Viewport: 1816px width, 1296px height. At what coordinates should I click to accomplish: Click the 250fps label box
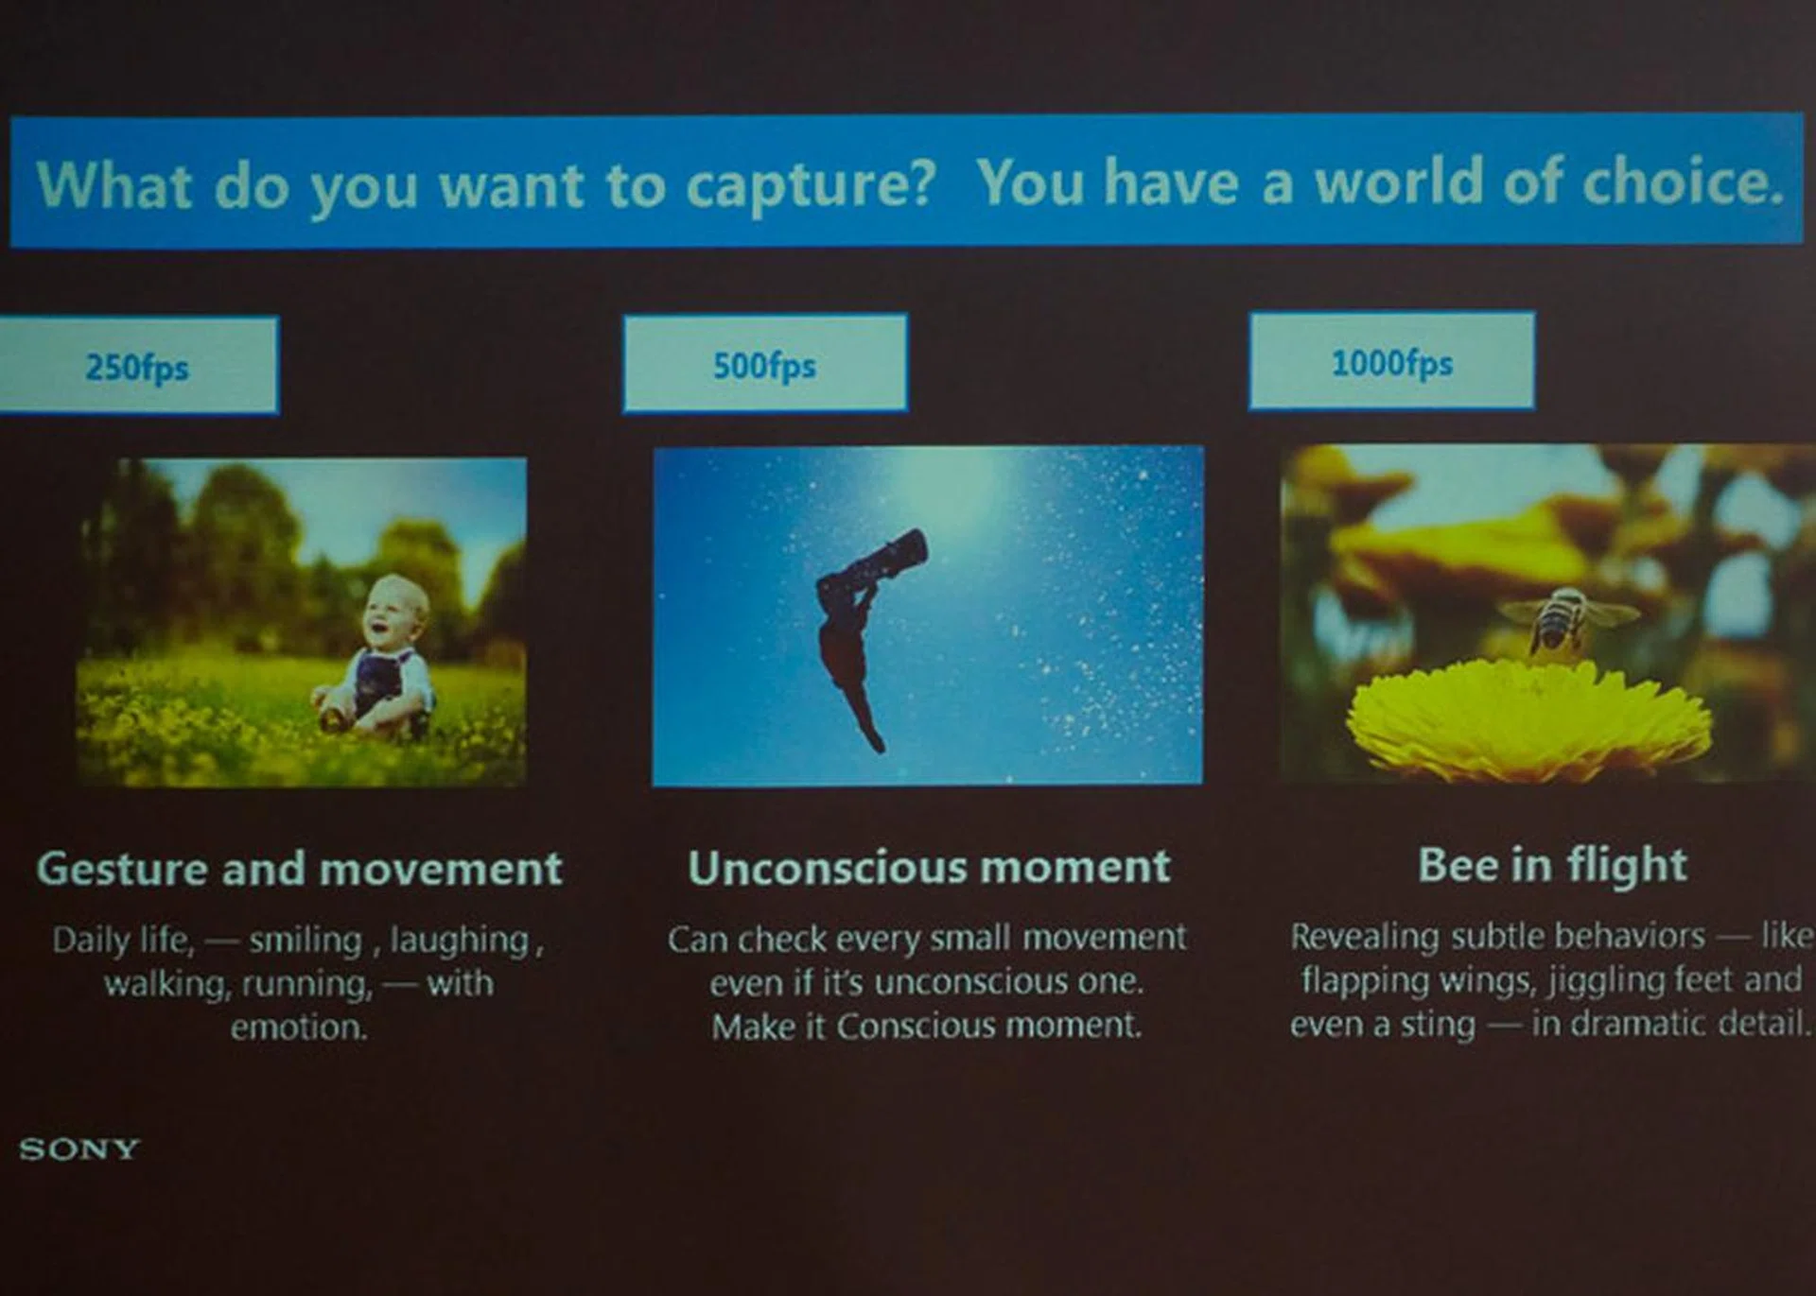click(x=138, y=366)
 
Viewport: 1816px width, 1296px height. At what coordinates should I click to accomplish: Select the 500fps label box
click(x=765, y=363)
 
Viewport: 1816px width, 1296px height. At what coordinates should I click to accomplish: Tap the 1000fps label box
click(x=1391, y=361)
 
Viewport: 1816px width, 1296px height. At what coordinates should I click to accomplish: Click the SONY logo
click(x=79, y=1149)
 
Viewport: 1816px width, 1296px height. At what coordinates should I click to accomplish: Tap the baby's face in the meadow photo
click(x=394, y=614)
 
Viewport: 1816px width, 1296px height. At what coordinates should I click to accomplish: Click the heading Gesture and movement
click(x=300, y=869)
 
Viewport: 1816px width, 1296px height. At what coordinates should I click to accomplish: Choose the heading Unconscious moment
click(x=929, y=867)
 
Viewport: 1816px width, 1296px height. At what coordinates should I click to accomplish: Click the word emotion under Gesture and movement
click(x=298, y=1027)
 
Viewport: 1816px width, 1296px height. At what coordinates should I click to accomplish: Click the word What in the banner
click(x=114, y=184)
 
